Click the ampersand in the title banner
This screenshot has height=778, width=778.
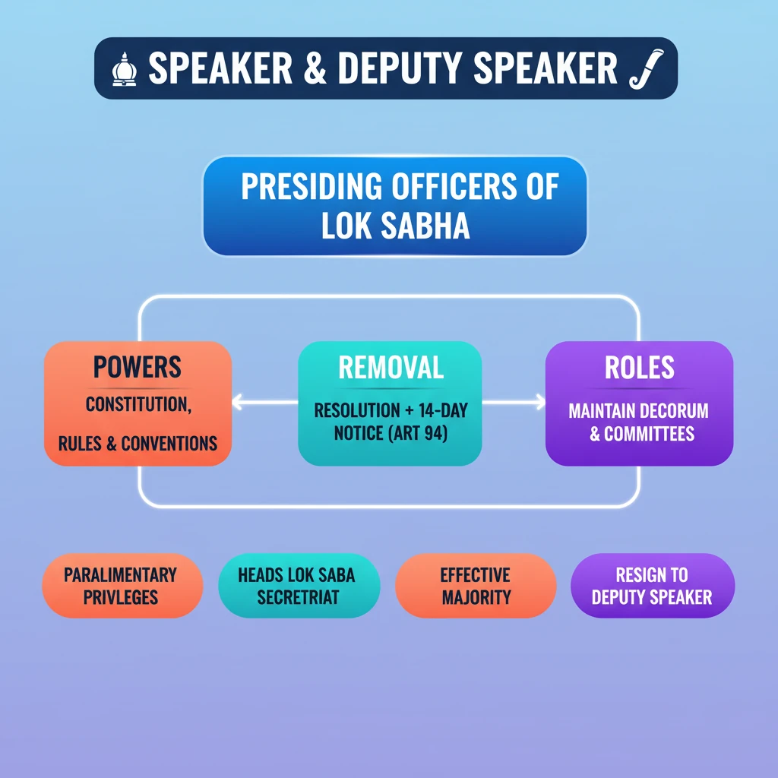pyautogui.click(x=312, y=68)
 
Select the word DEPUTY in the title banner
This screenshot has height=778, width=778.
pyautogui.click(x=394, y=68)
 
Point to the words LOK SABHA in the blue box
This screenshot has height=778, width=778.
pyautogui.click(x=394, y=226)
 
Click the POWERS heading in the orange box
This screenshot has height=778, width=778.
pyautogui.click(x=138, y=367)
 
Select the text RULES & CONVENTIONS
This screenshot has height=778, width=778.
pyautogui.click(x=138, y=444)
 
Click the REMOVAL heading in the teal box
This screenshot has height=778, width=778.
pyautogui.click(x=391, y=367)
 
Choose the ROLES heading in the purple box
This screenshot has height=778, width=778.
pyautogui.click(x=639, y=367)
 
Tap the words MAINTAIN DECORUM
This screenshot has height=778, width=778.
pyautogui.click(x=638, y=411)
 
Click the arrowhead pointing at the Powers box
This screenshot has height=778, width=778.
pyautogui.click(x=237, y=403)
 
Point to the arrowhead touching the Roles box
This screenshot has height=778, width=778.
pyautogui.click(x=540, y=403)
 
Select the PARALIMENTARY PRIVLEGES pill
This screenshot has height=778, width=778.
pyautogui.click(x=121, y=586)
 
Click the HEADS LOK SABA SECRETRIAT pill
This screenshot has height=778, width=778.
pyautogui.click(x=296, y=586)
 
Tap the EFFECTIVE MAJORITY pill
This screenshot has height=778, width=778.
pyautogui.click(x=476, y=586)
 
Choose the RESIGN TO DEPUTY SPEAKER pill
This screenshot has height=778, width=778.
pyautogui.click(x=652, y=586)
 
